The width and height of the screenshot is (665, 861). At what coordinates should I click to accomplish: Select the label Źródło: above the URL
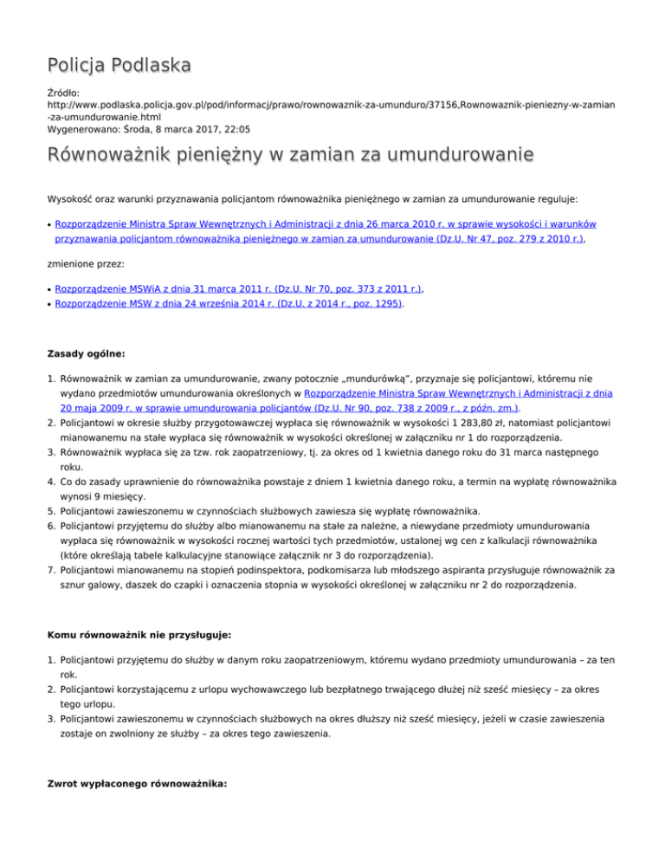65,89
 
